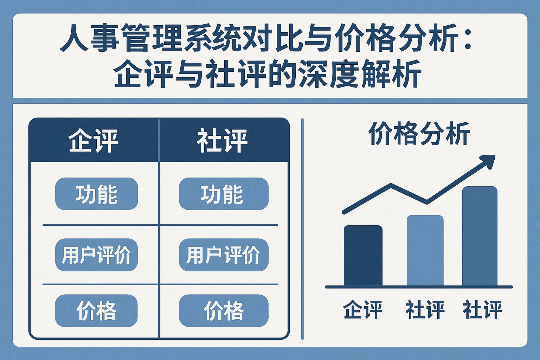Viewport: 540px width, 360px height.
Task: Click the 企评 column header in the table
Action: (x=93, y=140)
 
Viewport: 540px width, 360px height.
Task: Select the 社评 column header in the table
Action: (x=222, y=140)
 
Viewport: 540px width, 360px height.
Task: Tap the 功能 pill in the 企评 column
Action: (x=96, y=194)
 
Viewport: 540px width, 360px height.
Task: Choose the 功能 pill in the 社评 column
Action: (x=224, y=194)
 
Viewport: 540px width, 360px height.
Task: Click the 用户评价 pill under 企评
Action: (x=96, y=255)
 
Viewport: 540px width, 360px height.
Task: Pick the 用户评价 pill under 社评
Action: (x=224, y=255)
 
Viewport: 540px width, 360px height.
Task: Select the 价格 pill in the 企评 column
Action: (x=96, y=310)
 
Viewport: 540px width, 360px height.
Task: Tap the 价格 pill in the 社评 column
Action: (x=224, y=310)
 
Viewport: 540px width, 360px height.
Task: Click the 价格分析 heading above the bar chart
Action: (x=419, y=133)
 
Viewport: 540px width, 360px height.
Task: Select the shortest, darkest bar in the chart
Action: (x=363, y=256)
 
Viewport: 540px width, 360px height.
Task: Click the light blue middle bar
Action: (x=425, y=251)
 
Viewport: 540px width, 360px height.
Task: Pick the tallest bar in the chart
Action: (x=480, y=236)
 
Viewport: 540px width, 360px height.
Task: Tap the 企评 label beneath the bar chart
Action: (x=363, y=310)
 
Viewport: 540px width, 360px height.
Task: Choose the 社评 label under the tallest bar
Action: (x=482, y=310)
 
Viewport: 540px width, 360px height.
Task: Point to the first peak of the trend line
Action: (x=391, y=185)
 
